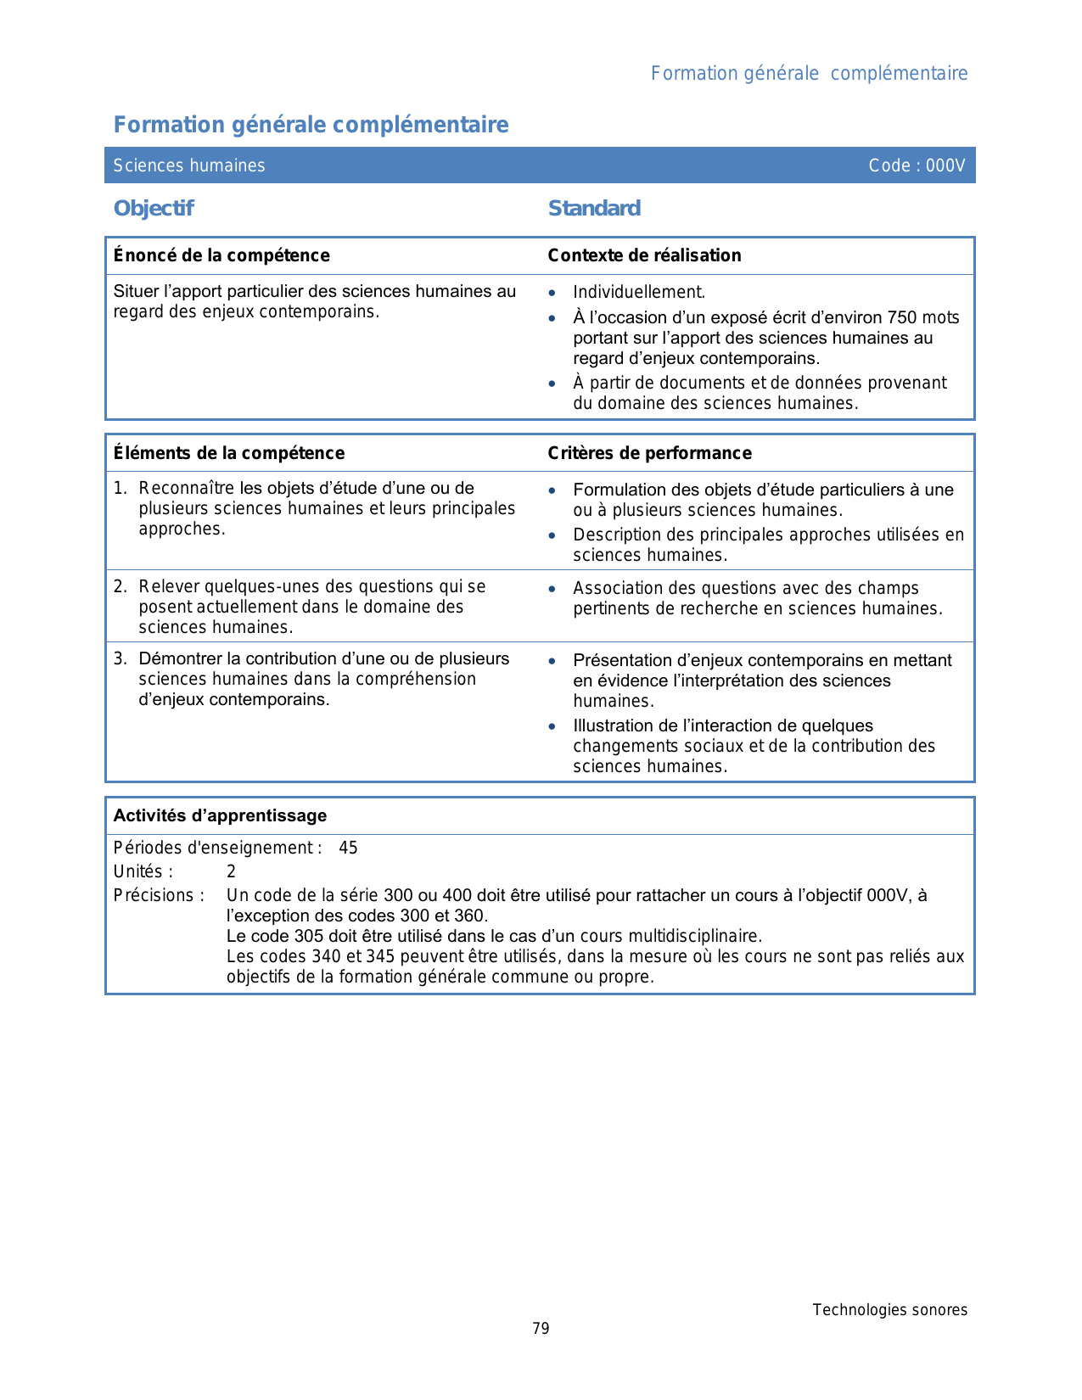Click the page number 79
point(541,1329)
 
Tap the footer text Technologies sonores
point(889,1310)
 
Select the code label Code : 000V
point(917,165)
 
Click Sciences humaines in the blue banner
point(189,165)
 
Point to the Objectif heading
point(154,209)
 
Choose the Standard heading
point(594,209)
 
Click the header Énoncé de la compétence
point(221,255)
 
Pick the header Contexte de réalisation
point(644,255)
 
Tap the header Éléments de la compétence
point(229,453)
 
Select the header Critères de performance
point(649,453)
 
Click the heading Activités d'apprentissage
point(220,815)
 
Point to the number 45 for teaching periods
point(348,848)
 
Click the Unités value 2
point(231,871)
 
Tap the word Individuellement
point(639,293)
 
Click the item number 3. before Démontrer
point(120,658)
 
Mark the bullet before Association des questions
point(552,588)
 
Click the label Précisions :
point(159,895)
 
